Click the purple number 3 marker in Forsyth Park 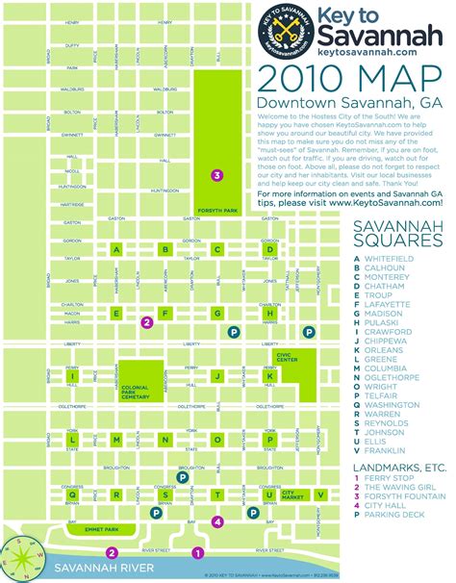pyautogui.click(x=218, y=175)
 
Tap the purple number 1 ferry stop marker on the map pyautogui.click(x=198, y=552)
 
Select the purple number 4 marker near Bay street pyautogui.click(x=218, y=522)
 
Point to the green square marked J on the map pyautogui.click(x=218, y=376)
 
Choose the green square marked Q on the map pyautogui.click(x=116, y=494)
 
